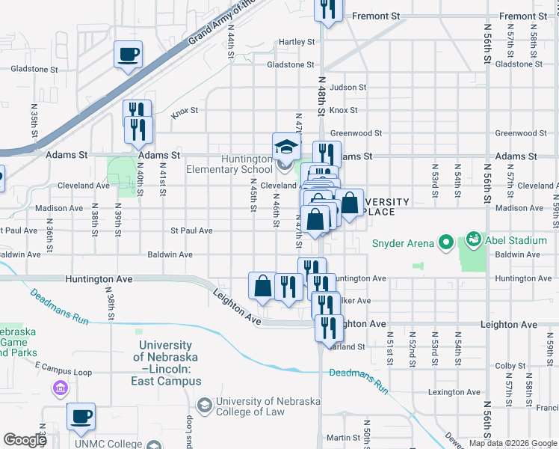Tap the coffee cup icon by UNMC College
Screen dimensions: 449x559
[x=81, y=416]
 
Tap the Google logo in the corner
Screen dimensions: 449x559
[x=25, y=440]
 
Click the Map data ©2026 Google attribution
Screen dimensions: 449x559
[x=513, y=444]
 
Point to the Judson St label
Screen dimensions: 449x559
[x=348, y=88]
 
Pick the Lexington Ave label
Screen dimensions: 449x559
[x=454, y=392]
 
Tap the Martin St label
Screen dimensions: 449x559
[x=344, y=438]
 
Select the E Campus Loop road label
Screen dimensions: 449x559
[x=63, y=372]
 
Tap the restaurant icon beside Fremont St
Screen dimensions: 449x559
[x=327, y=7]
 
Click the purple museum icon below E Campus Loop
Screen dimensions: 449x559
[x=60, y=389]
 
